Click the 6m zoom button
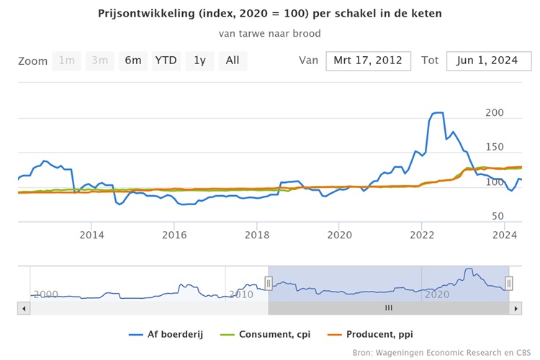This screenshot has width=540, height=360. (133, 60)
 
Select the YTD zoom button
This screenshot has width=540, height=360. (166, 60)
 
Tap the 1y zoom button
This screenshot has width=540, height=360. (199, 60)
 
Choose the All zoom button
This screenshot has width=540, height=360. (233, 60)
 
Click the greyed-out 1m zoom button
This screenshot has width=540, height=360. (66, 60)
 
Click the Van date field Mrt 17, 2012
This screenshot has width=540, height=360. (368, 60)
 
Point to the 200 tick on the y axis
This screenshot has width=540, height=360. (495, 114)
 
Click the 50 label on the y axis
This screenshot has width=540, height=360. (498, 217)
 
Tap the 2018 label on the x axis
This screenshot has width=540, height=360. (257, 235)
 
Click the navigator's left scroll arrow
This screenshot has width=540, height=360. (23, 308)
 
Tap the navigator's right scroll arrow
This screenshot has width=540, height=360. (515, 308)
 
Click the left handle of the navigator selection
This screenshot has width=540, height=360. (269, 284)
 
